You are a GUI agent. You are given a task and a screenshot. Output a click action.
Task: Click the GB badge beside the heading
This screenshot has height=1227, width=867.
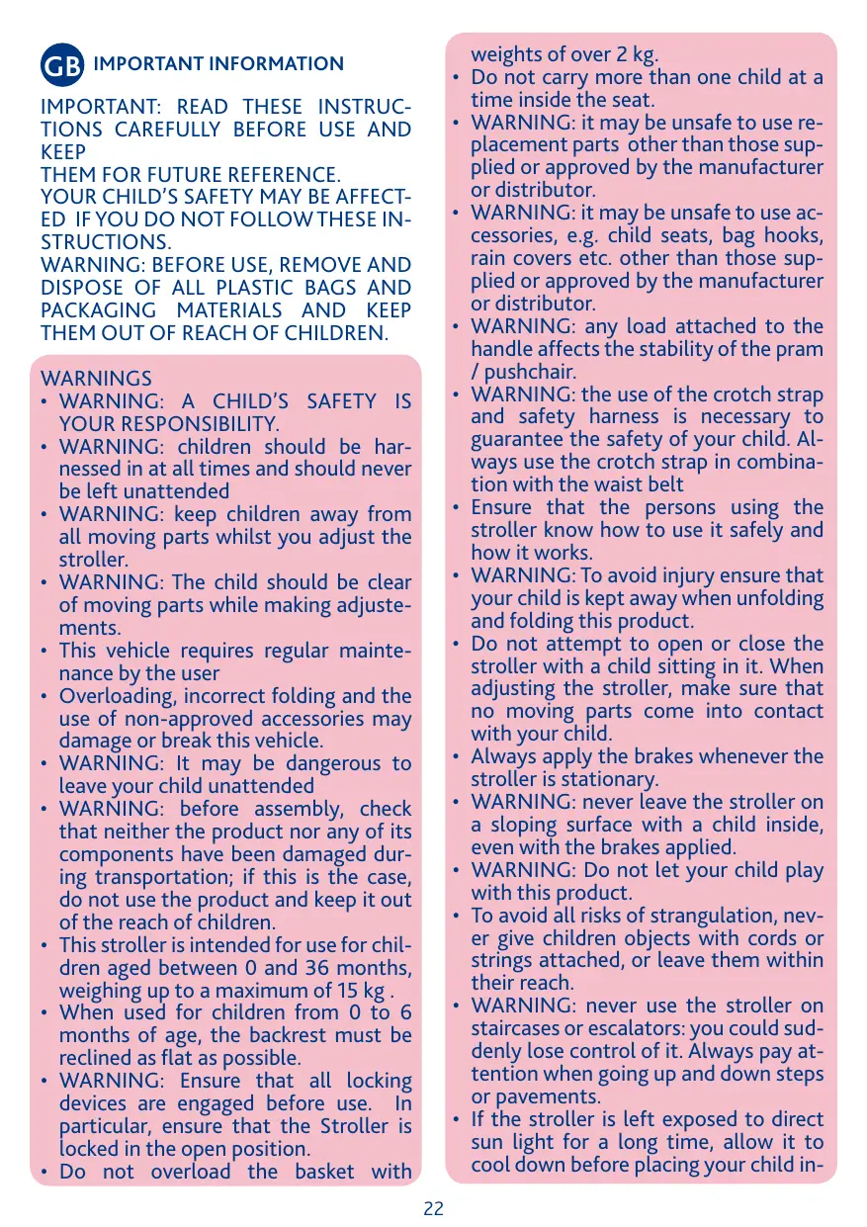coord(62,65)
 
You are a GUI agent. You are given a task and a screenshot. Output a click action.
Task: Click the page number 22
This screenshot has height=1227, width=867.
coord(433,1208)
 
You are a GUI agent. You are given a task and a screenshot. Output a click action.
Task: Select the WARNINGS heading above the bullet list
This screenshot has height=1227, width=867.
coord(97,379)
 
